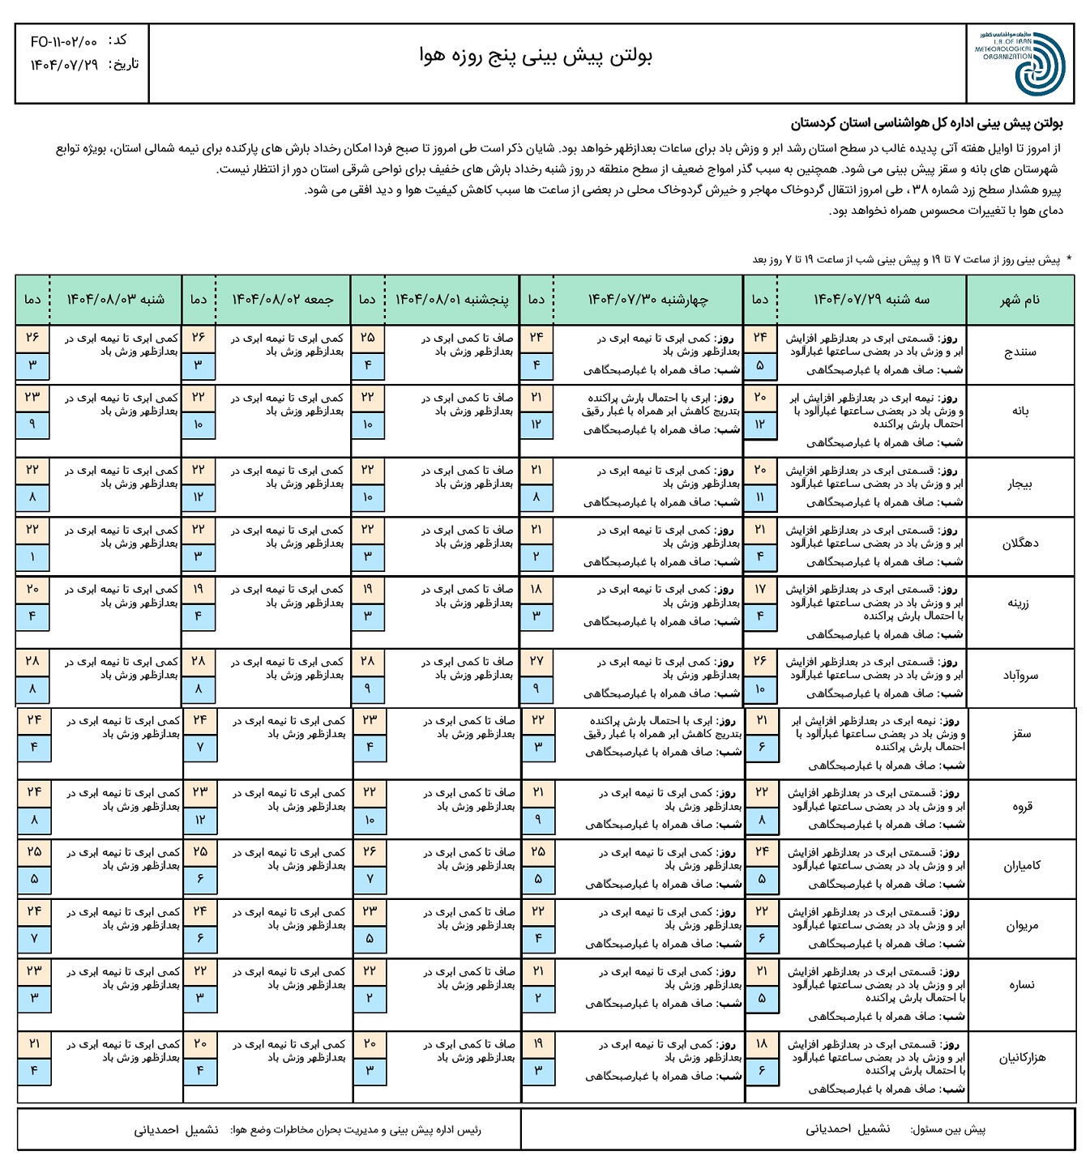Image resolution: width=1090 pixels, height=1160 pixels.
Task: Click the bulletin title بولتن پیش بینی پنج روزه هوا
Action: [536, 55]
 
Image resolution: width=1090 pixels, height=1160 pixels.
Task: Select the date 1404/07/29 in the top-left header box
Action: [64, 65]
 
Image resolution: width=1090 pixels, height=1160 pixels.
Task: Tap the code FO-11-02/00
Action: [64, 41]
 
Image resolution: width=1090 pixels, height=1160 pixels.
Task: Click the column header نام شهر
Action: [1019, 300]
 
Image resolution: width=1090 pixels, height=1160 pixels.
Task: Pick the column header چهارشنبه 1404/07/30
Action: [648, 300]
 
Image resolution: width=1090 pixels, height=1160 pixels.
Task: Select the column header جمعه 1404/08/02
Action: [283, 300]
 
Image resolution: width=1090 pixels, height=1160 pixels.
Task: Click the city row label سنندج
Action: [1019, 353]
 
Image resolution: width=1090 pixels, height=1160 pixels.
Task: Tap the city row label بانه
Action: [1019, 412]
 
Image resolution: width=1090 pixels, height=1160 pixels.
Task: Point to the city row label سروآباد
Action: [1019, 676]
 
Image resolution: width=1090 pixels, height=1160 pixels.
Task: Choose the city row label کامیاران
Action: [1021, 866]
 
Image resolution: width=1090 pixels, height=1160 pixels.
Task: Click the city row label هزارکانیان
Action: [1021, 1058]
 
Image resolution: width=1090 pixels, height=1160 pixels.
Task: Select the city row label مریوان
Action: [1021, 926]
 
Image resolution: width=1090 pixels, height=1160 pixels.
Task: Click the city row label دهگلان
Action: [1019, 544]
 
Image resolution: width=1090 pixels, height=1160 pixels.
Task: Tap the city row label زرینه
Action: [1019, 603]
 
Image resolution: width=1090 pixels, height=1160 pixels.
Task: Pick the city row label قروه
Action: [1021, 807]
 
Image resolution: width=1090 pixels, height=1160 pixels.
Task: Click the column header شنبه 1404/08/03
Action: [115, 300]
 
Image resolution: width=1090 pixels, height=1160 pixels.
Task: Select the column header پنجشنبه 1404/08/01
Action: [451, 300]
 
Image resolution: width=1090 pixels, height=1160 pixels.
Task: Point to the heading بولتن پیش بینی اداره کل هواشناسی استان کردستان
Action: [926, 125]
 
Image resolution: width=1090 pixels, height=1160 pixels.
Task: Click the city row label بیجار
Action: [1019, 484]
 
